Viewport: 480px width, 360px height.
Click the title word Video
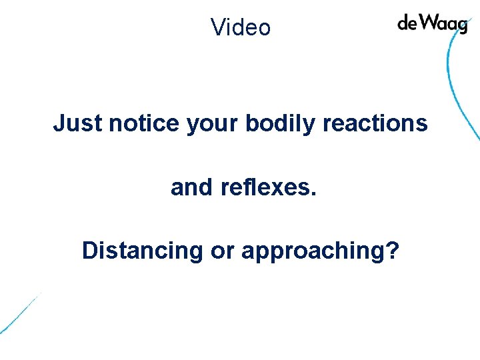point(241,27)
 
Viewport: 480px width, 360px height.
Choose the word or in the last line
point(221,252)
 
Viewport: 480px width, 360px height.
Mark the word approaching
point(313,252)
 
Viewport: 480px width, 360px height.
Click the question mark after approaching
point(393,251)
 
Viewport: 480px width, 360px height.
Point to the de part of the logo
point(407,23)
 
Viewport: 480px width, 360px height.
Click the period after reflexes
point(313,194)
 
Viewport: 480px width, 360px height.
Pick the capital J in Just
point(59,123)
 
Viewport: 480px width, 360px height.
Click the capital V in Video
point(217,27)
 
